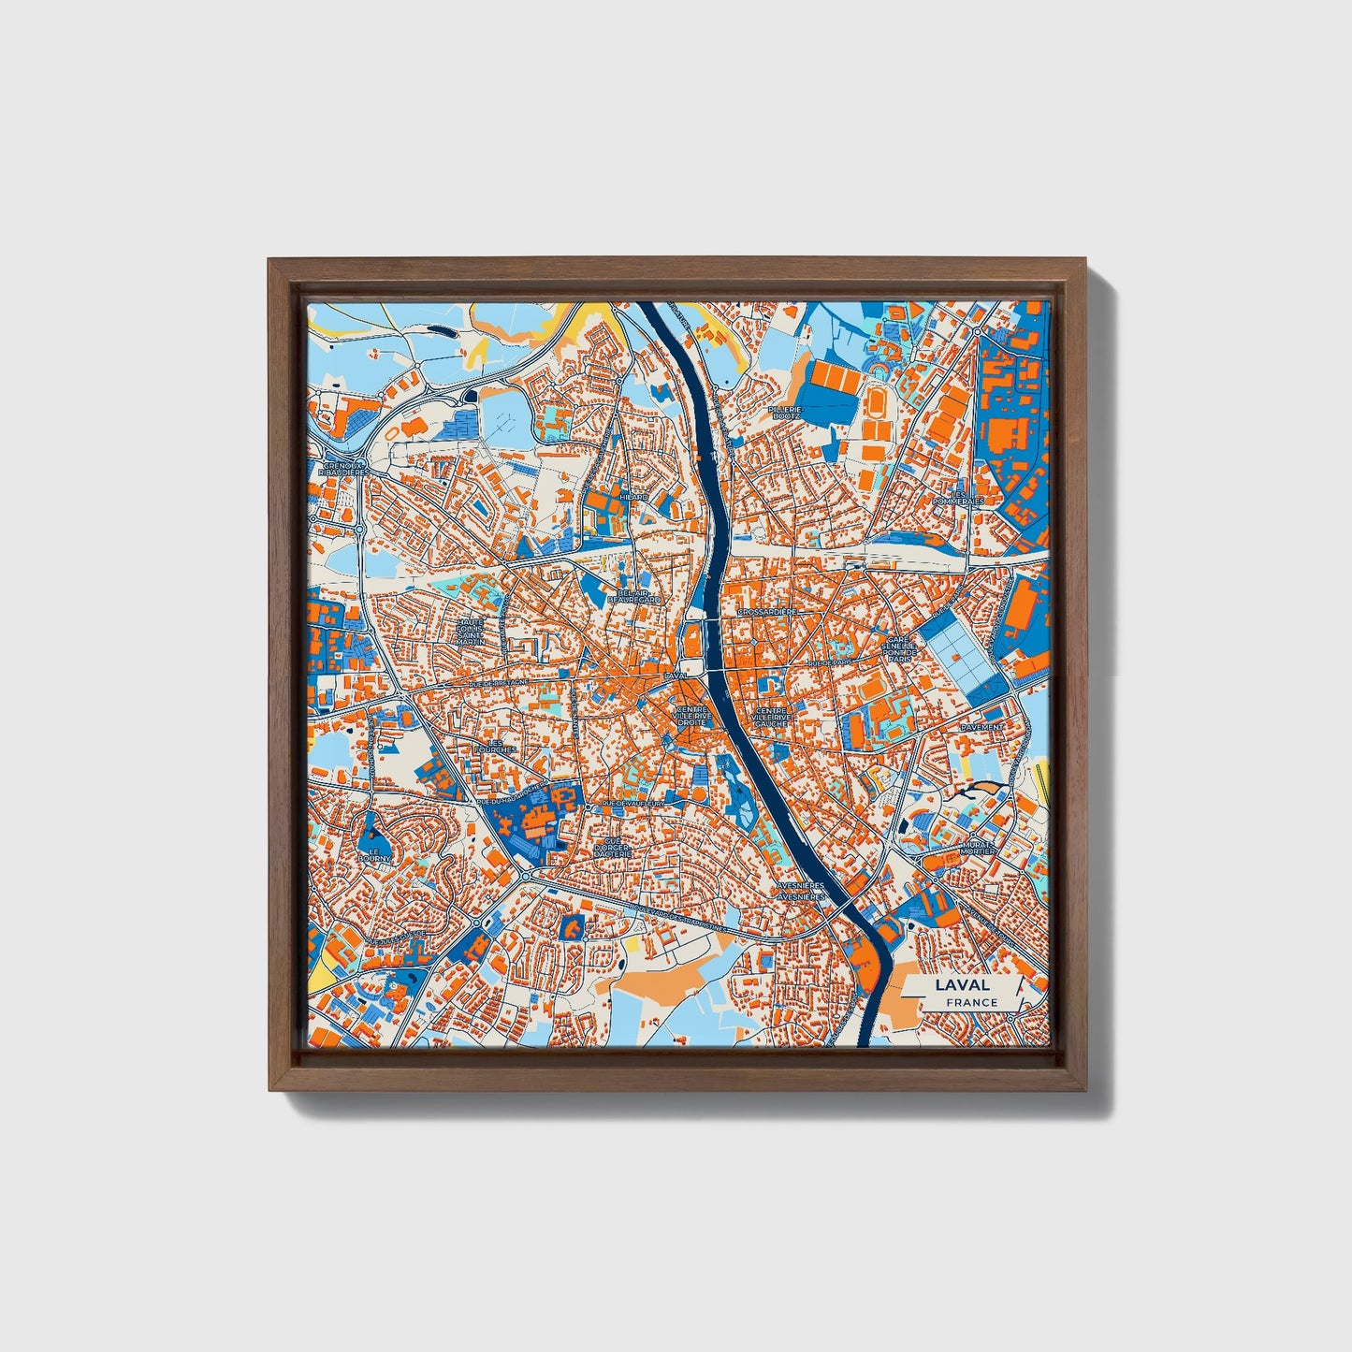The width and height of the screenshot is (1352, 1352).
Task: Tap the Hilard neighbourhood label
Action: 632,497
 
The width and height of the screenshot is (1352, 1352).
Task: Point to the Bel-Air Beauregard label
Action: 633,596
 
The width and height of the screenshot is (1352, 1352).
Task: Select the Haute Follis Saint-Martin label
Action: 470,632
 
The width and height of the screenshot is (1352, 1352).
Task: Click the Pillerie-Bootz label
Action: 784,413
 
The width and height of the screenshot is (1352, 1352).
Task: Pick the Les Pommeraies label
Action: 959,497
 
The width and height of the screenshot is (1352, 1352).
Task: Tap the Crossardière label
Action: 767,611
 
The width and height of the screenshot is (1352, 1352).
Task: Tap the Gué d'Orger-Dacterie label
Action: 613,847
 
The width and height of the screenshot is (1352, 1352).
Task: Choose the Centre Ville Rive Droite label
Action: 693,716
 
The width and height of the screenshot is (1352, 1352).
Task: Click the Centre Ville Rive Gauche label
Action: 773,717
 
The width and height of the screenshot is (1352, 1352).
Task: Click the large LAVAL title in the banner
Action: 961,984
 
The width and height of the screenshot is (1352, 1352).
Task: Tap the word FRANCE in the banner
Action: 970,1002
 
